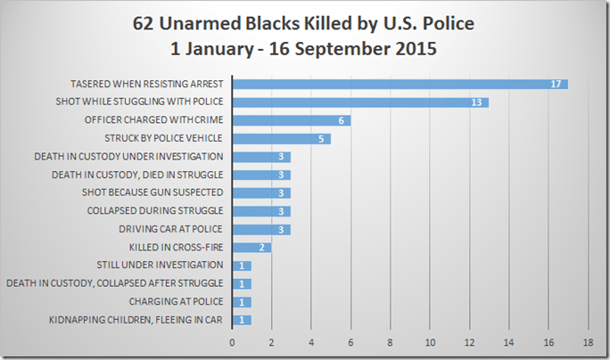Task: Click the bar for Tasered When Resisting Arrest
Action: pyautogui.click(x=400, y=84)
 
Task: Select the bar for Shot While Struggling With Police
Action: pyautogui.click(x=360, y=102)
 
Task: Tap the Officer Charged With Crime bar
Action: pyautogui.click(x=292, y=120)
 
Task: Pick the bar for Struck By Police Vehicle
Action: pyautogui.click(x=282, y=138)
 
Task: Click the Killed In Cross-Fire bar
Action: pyautogui.click(x=252, y=247)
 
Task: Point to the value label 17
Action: pyautogui.click(x=556, y=85)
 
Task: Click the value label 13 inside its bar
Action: pyautogui.click(x=477, y=102)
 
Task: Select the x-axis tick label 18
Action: pyautogui.click(x=588, y=341)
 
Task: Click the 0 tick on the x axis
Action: pyautogui.click(x=233, y=341)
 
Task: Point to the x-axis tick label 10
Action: pyautogui.click(x=430, y=341)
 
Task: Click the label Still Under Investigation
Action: pyautogui.click(x=160, y=265)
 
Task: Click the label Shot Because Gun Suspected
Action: pyautogui.click(x=160, y=192)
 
